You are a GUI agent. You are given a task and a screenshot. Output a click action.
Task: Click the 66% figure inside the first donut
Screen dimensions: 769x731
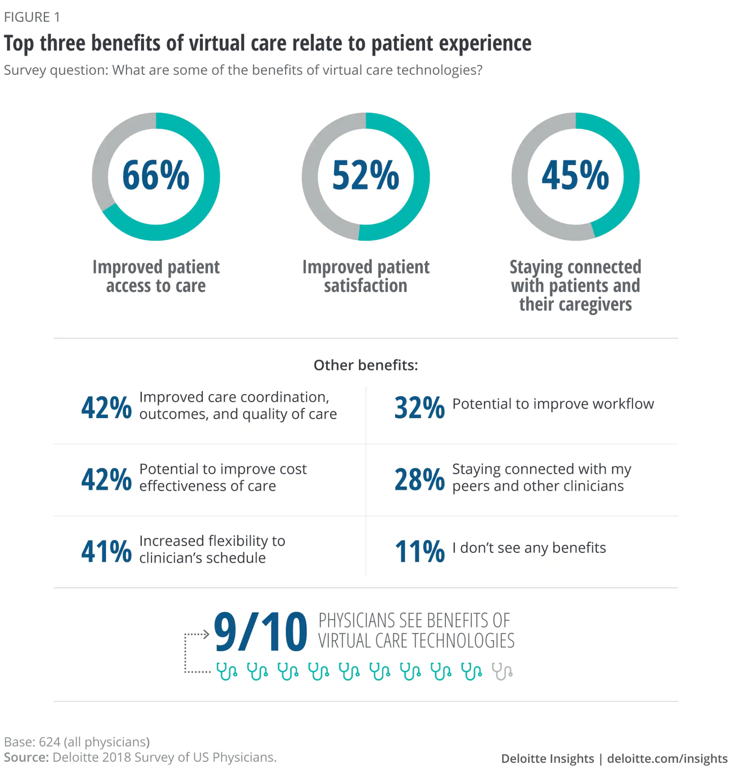156,175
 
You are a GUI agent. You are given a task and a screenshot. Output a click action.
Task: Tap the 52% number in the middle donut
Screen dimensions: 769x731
365,175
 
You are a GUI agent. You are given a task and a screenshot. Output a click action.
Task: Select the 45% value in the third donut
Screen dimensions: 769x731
575,175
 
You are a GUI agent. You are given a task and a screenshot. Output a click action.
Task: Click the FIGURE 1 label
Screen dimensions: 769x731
32,17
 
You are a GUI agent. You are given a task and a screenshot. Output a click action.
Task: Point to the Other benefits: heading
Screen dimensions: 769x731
365,365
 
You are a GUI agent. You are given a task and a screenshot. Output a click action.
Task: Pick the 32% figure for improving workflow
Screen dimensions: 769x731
419,407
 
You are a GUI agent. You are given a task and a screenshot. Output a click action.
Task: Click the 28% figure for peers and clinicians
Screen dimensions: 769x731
419,479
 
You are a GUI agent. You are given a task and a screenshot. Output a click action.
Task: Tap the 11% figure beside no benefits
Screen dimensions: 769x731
419,551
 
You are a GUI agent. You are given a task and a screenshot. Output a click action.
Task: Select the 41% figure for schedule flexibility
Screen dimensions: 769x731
106,551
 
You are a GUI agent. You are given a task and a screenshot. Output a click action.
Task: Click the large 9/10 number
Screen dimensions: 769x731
260,632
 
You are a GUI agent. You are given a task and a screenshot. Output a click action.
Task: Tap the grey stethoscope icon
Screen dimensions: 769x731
502,672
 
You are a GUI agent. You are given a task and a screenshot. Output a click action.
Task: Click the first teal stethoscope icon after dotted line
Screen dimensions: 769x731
227,672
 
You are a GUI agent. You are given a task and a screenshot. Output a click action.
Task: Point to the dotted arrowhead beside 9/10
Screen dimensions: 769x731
206,634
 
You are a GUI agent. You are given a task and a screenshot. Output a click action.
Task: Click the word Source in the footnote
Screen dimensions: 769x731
26,757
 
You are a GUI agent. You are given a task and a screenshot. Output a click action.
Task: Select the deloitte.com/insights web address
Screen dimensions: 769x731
667,759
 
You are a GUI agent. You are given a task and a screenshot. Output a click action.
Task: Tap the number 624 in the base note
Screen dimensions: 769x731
50,741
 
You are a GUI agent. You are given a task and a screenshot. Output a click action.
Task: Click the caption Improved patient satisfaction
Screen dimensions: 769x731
365,276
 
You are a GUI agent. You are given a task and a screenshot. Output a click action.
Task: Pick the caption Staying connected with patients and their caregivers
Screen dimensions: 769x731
575,285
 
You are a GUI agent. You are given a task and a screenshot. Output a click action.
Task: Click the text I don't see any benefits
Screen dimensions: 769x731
529,548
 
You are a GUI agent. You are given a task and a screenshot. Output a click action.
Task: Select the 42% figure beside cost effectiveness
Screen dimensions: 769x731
106,479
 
